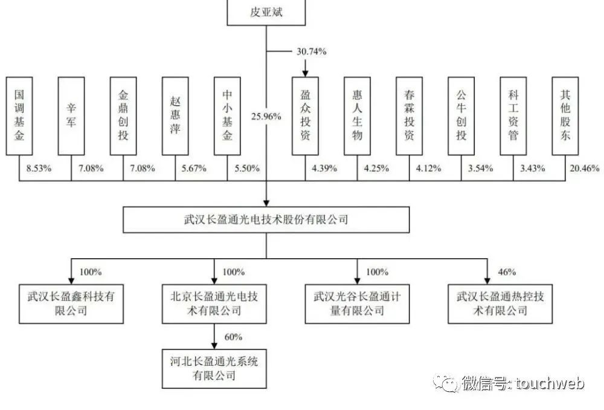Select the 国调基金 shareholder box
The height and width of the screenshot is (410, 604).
tap(19, 115)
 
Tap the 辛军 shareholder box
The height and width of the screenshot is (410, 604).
tap(71, 115)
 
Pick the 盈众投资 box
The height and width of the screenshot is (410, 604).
tap(305, 115)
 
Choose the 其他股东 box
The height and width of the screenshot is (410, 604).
tap(565, 115)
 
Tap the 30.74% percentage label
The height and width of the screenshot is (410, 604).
tap(313, 52)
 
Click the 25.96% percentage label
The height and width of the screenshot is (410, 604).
tap(266, 116)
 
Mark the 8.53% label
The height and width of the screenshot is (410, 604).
tap(39, 168)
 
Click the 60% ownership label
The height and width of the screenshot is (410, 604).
tap(233, 337)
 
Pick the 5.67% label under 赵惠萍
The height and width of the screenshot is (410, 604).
tap(193, 168)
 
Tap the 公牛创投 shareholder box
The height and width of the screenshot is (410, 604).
tap(461, 115)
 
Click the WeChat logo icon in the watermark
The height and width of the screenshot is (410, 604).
tap(451, 383)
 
